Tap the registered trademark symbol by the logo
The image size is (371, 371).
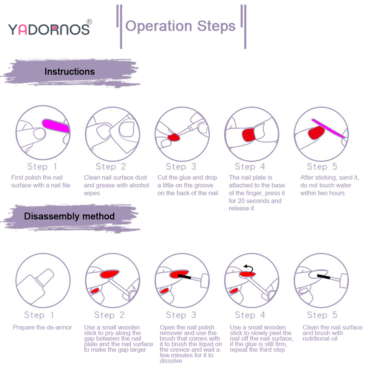tap(89, 22)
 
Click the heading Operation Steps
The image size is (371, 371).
tap(180, 26)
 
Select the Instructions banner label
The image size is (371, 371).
tap(70, 72)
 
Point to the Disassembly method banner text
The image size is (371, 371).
tap(69, 216)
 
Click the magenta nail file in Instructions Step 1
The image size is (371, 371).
tap(56, 126)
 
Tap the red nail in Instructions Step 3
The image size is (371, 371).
tap(174, 137)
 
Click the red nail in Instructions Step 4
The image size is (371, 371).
tap(249, 135)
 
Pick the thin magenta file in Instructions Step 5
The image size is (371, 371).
tap(328, 128)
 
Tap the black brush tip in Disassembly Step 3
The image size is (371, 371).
tap(184, 276)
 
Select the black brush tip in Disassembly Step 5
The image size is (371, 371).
tap(324, 276)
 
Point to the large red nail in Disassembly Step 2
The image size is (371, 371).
tap(109, 274)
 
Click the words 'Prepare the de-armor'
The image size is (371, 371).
tap(42, 328)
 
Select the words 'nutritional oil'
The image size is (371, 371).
tap(320, 339)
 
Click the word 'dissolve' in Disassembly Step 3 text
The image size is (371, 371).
tap(171, 361)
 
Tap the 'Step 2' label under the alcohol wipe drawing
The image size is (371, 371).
tap(111, 167)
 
